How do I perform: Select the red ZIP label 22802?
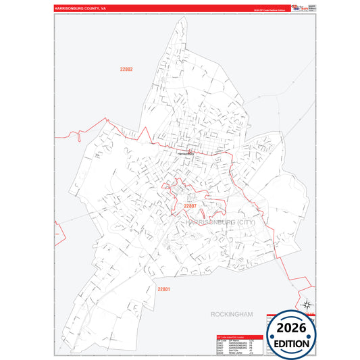click(126, 70)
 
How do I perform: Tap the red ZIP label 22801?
click(164, 290)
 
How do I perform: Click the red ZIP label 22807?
click(189, 206)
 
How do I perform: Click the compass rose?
click(308, 305)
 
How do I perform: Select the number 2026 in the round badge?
click(292, 328)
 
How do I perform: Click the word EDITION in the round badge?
click(292, 343)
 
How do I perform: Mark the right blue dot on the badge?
click(312, 335)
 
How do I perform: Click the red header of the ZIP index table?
click(239, 336)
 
